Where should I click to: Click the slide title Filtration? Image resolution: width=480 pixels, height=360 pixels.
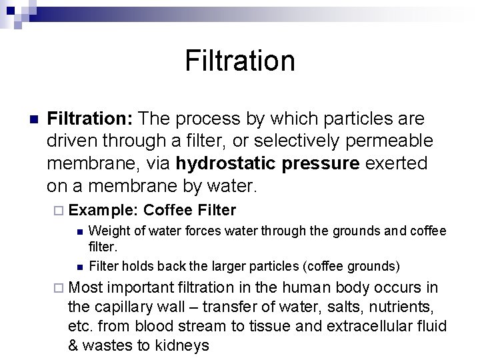click(x=240, y=61)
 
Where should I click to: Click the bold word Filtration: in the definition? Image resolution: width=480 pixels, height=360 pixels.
click(x=91, y=119)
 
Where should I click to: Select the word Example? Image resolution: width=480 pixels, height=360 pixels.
click(x=103, y=211)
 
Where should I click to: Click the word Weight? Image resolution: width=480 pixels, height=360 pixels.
click(x=107, y=231)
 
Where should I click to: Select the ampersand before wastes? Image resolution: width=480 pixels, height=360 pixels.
click(x=74, y=345)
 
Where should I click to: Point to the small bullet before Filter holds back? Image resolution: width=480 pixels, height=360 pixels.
click(x=79, y=267)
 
